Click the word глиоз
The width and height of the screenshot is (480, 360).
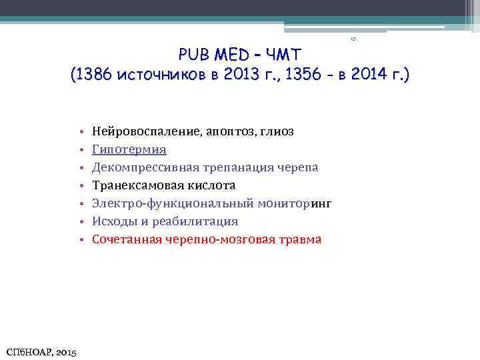pos(275,131)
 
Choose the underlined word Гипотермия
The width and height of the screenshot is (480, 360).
pos(129,149)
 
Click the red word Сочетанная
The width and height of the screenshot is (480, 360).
pos(125,239)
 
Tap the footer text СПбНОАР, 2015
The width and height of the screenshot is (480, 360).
pos(41,351)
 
